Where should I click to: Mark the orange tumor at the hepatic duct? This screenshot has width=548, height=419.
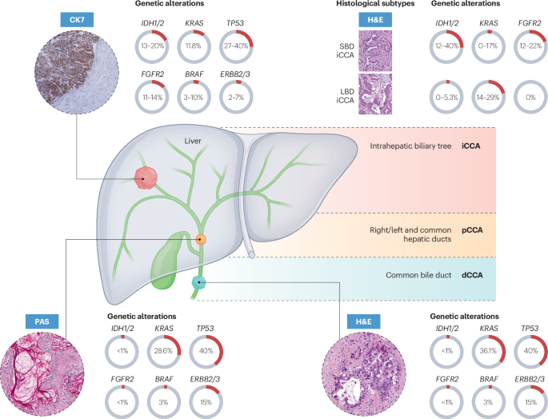point(201,239)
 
